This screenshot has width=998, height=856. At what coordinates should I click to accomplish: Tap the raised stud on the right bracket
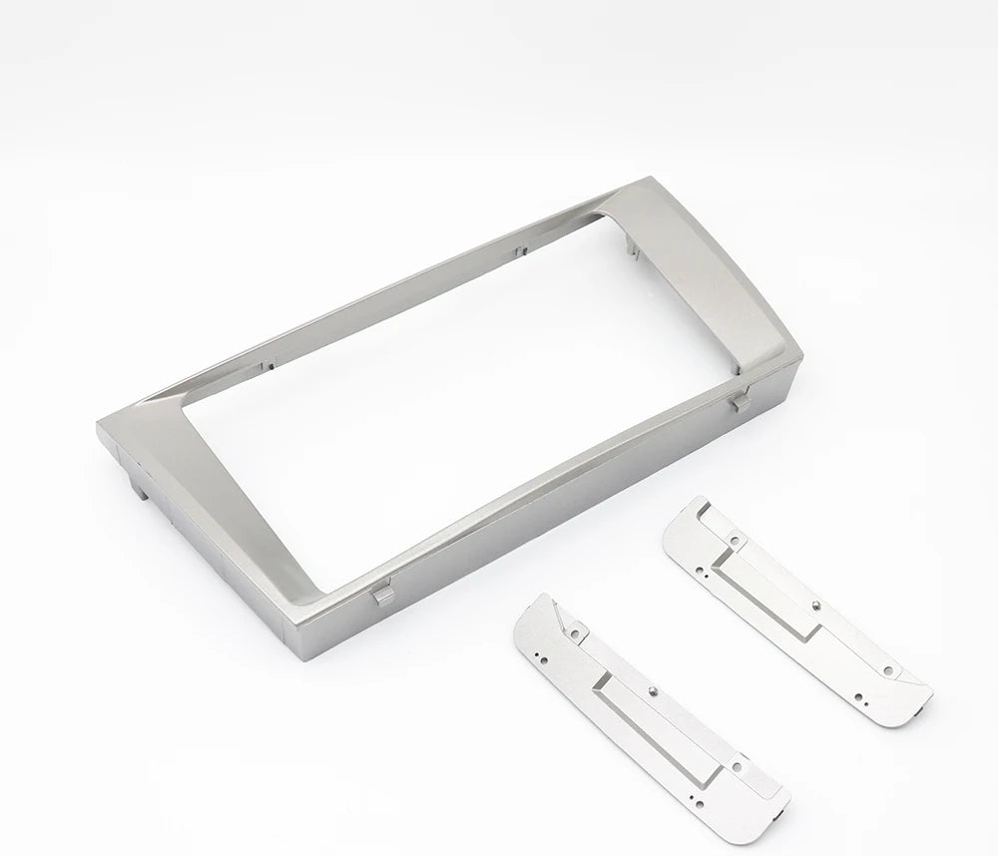click(x=815, y=604)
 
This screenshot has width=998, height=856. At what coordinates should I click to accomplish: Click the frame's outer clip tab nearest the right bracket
click(x=740, y=403)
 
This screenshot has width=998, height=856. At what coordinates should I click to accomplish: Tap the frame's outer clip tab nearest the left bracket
click(x=380, y=596)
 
